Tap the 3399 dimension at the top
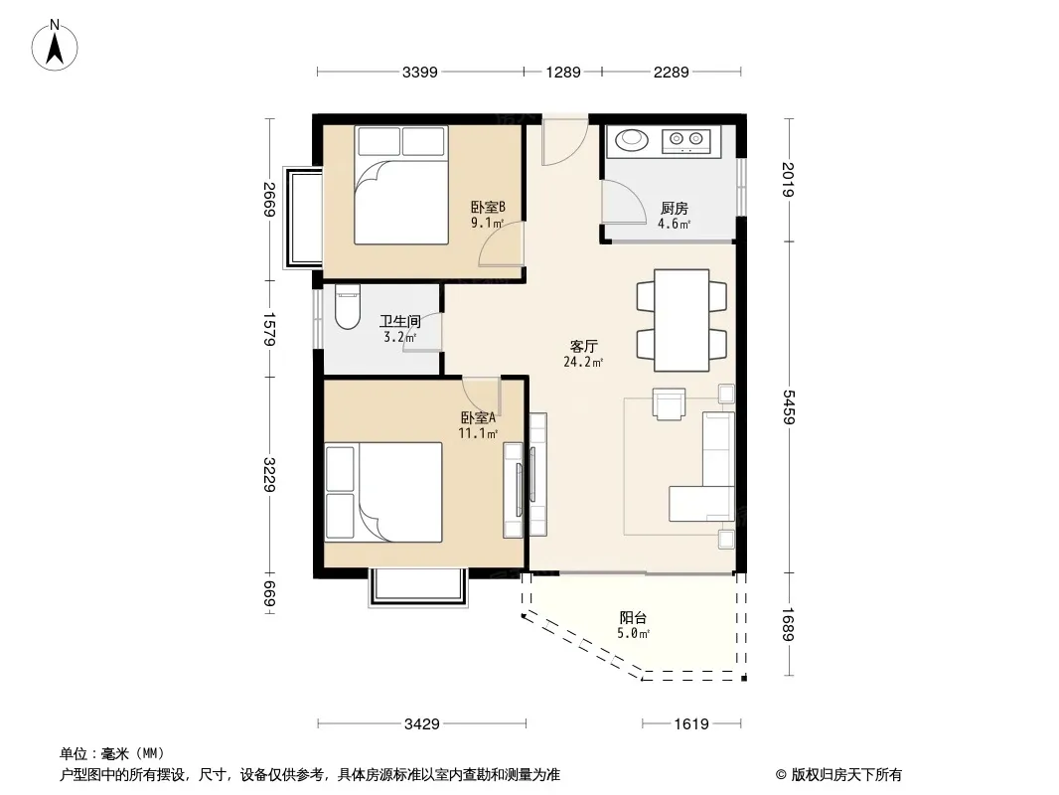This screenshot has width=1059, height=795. (420, 73)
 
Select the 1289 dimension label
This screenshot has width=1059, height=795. (563, 73)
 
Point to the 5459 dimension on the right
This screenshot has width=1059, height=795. (788, 406)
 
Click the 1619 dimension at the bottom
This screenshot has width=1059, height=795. (691, 724)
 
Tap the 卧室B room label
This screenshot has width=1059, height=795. (488, 207)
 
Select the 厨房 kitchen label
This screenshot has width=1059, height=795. (674, 208)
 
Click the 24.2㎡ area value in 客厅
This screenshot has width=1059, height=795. (583, 362)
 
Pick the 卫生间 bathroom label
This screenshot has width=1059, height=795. (399, 321)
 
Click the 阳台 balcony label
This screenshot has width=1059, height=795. (633, 617)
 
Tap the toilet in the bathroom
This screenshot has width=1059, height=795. (348, 307)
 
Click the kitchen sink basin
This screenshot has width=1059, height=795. (632, 139)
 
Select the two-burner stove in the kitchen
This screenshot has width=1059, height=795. (686, 140)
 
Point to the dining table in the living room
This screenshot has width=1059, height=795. (681, 320)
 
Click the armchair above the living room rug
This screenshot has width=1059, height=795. (669, 403)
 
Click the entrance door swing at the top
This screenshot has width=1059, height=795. (564, 142)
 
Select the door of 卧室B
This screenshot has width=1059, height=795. (502, 243)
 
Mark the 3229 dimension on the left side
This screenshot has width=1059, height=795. (269, 474)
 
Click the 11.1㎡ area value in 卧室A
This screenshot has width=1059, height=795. (478, 433)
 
